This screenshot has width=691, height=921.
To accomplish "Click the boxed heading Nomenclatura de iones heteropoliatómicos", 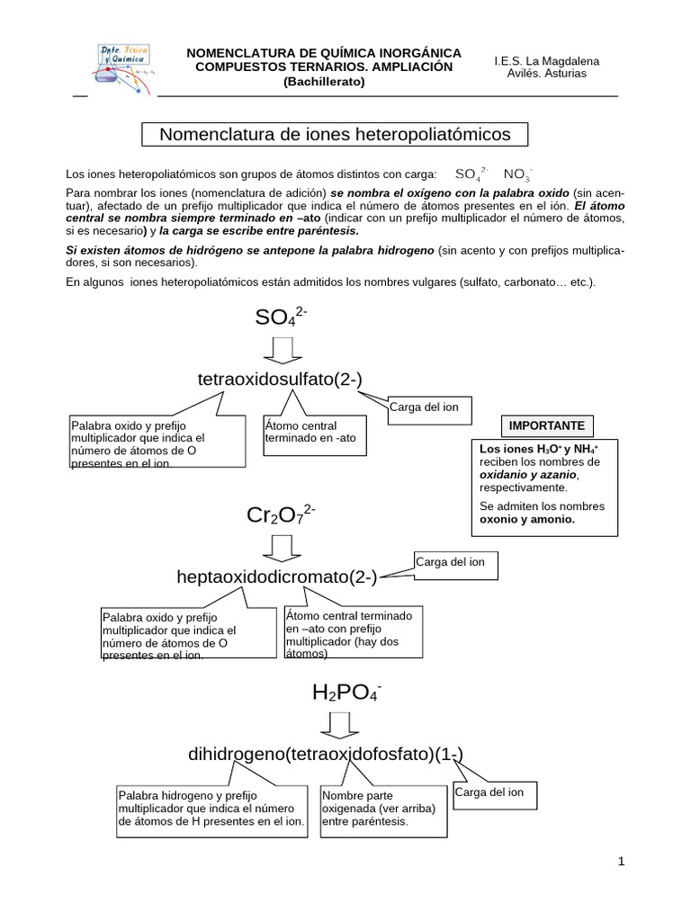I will tap(335, 134).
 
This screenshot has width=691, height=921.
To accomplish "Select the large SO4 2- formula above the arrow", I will tap(282, 317).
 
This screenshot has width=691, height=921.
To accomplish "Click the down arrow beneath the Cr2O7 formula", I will tap(281, 547).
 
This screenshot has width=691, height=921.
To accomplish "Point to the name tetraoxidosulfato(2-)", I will tap(280, 380).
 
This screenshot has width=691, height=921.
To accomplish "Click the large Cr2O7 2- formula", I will tap(280, 515).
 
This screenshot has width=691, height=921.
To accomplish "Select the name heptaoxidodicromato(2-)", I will tap(277, 577).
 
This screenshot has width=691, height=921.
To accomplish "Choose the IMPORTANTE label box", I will tap(546, 425).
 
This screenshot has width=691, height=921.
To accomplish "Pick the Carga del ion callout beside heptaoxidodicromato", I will tap(452, 563).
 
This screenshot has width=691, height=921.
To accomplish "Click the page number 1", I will tap(621, 862).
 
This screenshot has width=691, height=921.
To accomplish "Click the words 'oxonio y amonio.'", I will tap(527, 520).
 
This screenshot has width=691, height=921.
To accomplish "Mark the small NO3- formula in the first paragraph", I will tap(516, 174).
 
